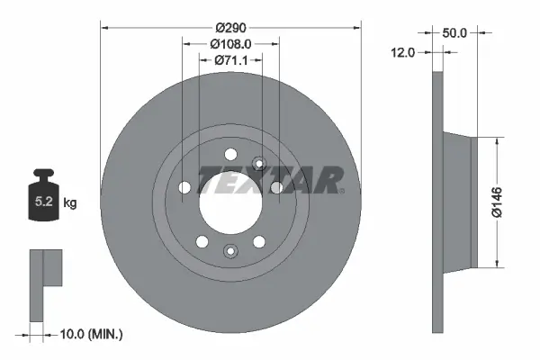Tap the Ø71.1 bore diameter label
(x=230, y=60)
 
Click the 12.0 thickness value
(x=402, y=53)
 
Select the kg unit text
(x=70, y=203)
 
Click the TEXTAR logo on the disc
(x=270, y=180)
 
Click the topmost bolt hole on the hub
(x=229, y=153)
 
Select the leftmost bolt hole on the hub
(x=185, y=187)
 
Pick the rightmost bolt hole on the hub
(x=275, y=187)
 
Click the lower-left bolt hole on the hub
(x=202, y=240)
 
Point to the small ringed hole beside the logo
(x=258, y=164)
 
